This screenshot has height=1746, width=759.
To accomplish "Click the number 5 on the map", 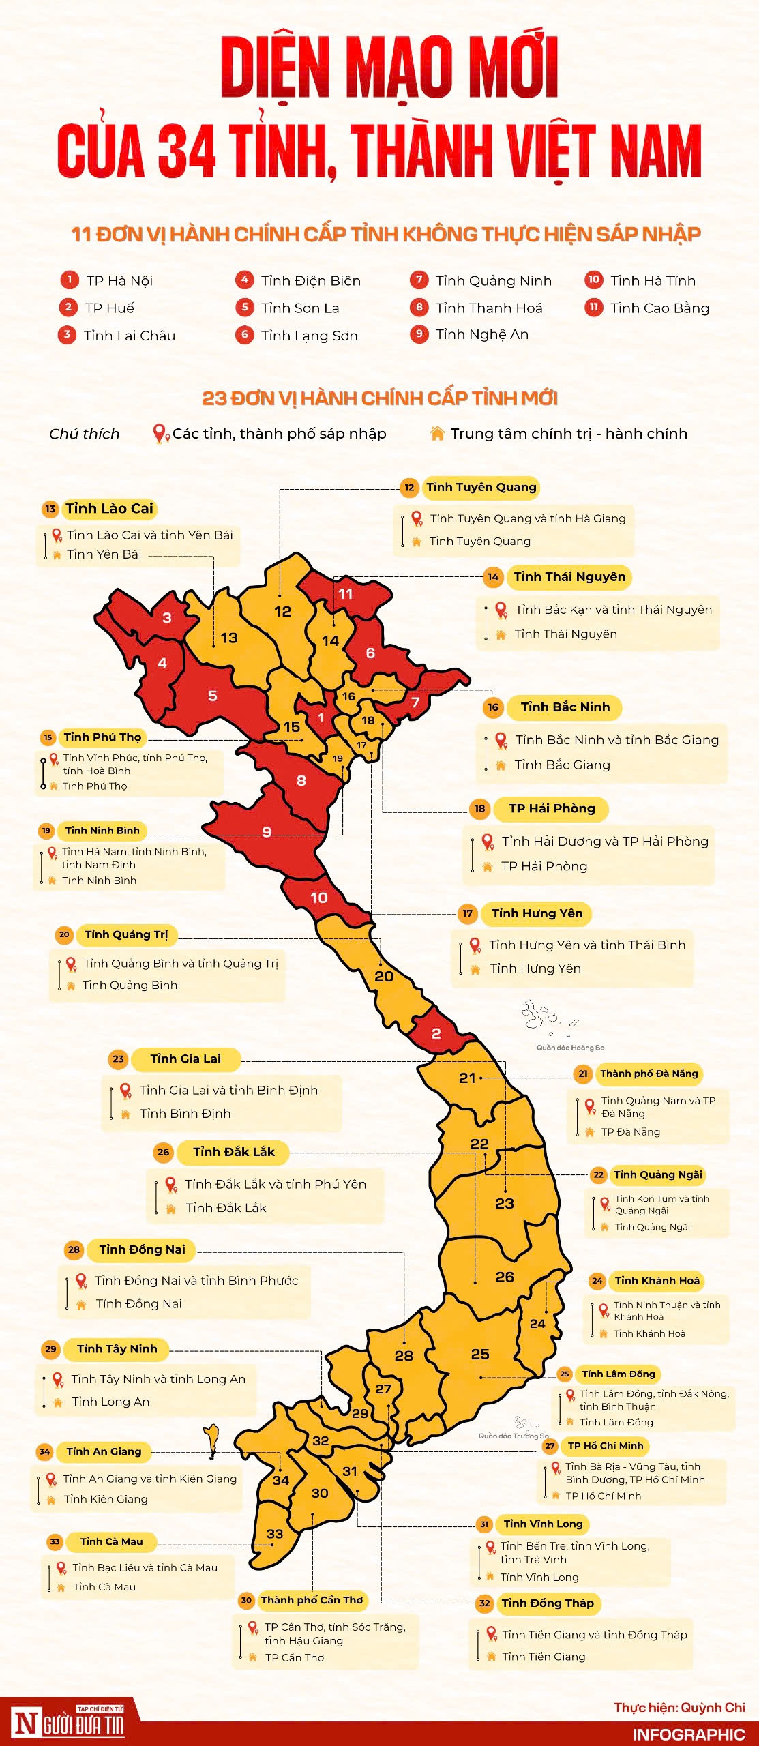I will [212, 696].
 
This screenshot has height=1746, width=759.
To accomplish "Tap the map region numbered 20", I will [384, 977].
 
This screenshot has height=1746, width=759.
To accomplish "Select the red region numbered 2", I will [436, 1033].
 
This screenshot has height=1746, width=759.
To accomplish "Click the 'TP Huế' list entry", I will [109, 308].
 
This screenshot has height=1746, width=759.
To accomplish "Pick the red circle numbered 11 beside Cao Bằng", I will [594, 307].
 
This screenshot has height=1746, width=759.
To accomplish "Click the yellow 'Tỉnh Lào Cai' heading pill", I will [109, 508].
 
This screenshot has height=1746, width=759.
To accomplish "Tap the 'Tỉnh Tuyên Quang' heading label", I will [481, 487].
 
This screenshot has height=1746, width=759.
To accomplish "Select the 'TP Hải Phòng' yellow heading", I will [552, 808].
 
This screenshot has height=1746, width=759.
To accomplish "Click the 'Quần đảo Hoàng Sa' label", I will [570, 1048].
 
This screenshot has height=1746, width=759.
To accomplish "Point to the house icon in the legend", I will [437, 433].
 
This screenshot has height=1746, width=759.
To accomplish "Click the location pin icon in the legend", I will [160, 433].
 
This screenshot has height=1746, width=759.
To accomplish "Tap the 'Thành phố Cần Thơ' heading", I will [312, 1600].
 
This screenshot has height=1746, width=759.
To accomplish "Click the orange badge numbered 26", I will [163, 1152].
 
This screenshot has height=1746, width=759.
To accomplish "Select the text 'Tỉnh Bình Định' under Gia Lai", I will [185, 1114].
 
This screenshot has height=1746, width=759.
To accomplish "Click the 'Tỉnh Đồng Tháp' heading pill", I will [547, 1603].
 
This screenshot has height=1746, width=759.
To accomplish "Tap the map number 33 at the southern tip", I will [275, 1534].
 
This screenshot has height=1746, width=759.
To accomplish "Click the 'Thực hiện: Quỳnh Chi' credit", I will [679, 1707].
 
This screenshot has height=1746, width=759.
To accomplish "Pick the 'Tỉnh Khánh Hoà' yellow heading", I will [657, 1281].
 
